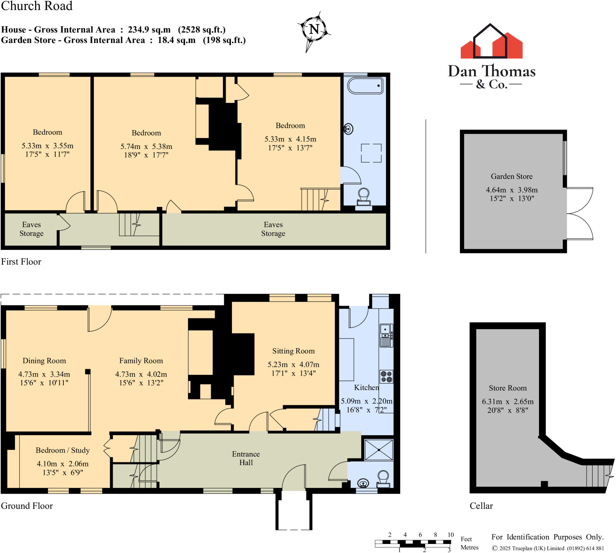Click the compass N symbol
coord(314,29)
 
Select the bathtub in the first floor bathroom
coord(365,86)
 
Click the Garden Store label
coord(511,176)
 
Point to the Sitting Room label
coord(293,351)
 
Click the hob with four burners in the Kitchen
coord(386,376)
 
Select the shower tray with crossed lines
coord(379,450)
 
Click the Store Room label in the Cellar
coord(507,388)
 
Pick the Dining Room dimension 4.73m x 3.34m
coord(44,374)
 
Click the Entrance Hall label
coord(246,458)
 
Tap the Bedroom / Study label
coord(63,450)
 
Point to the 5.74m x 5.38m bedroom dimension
coord(146,146)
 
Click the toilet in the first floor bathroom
coord(364,198)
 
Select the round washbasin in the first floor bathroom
coord(349,129)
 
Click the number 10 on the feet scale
coord(450,534)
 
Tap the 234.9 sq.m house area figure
coord(149,29)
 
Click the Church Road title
coord(37,6)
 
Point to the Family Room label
coord(141,361)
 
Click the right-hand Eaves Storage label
coord(273,229)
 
